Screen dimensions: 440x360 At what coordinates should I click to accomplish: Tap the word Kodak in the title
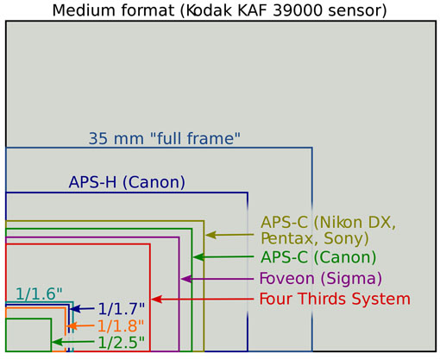[x=209, y=10]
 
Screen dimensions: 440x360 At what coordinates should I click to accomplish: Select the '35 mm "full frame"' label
[x=164, y=138]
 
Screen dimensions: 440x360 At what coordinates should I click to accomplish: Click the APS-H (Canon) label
[x=127, y=182]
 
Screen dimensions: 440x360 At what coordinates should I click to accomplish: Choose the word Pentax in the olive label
[x=289, y=238]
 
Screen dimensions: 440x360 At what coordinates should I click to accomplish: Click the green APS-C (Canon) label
[x=318, y=257]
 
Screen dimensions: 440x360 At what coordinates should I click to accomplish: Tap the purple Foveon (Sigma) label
[x=321, y=278]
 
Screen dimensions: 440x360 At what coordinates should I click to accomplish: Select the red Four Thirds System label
[x=335, y=299]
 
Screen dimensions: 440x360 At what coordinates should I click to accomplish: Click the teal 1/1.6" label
[x=39, y=294]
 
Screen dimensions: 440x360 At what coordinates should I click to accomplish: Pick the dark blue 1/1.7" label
[x=122, y=309]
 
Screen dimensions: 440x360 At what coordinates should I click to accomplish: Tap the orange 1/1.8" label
[x=121, y=326]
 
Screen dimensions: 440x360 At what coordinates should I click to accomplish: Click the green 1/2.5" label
[x=122, y=343]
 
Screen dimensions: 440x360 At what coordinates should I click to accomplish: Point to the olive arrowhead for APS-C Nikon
[x=211, y=235]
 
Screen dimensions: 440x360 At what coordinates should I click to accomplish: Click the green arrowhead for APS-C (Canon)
[x=198, y=257]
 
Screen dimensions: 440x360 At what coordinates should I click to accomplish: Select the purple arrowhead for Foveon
[x=185, y=279]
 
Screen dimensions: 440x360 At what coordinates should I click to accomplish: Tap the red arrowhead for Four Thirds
[x=157, y=300]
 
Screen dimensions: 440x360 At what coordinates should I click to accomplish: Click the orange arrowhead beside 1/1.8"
[x=72, y=326]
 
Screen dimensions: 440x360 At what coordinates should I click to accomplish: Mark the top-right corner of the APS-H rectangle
[x=248, y=193]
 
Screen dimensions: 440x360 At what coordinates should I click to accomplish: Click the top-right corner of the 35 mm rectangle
[x=312, y=148]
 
